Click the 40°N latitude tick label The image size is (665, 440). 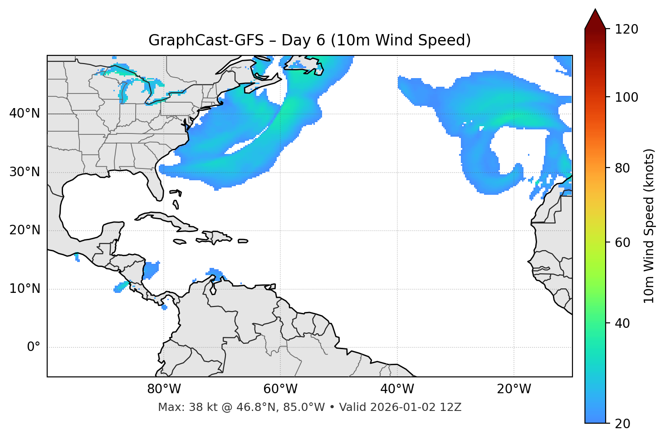[x=24, y=114]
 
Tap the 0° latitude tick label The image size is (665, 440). [x=33, y=347]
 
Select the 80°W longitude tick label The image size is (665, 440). [x=164, y=389]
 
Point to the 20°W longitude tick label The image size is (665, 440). [x=514, y=389]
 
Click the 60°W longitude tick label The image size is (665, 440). [x=280, y=389]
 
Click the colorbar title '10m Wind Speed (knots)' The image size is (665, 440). [x=649, y=226]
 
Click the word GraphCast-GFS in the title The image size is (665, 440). [x=206, y=40]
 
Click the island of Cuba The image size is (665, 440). [x=168, y=220]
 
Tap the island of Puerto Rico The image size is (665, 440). [x=243, y=241]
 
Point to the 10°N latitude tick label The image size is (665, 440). [x=24, y=289]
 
